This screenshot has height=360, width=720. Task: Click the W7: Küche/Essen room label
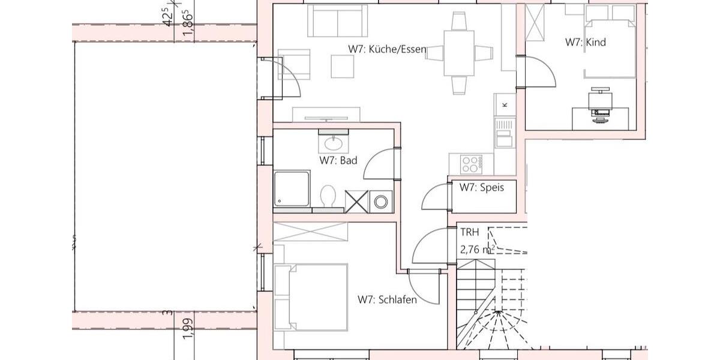point(387,49)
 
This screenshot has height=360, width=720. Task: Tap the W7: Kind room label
point(585,43)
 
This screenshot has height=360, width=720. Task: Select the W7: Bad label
point(338,161)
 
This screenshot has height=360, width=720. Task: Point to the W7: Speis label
point(482,187)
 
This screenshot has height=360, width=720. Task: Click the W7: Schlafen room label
point(387,299)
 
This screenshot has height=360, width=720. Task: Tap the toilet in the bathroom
point(328,197)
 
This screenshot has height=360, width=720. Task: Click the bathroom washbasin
point(331,143)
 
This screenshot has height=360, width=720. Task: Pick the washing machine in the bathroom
point(380,202)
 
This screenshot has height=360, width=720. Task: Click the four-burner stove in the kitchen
point(471,162)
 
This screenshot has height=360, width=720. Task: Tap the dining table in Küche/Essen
point(459,53)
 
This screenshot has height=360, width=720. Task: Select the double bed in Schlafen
point(312,297)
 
